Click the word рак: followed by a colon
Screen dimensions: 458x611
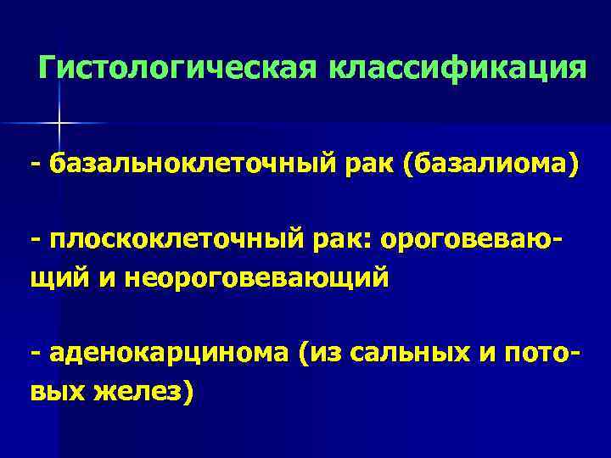click(350, 240)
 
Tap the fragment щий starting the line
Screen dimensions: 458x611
click(59, 277)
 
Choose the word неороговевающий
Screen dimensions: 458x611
click(256, 277)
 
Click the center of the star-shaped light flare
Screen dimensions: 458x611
click(59, 124)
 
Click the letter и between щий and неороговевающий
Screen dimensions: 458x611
click(109, 277)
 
